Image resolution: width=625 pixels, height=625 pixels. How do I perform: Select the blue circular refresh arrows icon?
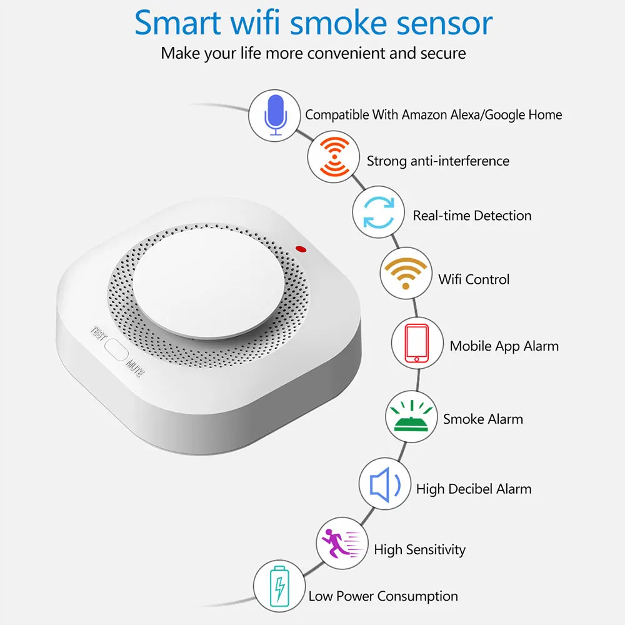[x=377, y=213]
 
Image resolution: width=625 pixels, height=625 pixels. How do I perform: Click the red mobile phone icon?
[x=416, y=342]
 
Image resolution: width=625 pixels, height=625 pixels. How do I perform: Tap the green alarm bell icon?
[x=410, y=416]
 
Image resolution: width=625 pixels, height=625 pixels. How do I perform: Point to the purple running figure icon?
[x=341, y=541]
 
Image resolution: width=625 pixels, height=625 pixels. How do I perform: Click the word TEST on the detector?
[x=100, y=333]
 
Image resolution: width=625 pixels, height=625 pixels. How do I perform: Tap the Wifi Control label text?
[x=474, y=279]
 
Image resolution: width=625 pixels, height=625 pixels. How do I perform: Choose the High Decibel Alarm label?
[x=474, y=489]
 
